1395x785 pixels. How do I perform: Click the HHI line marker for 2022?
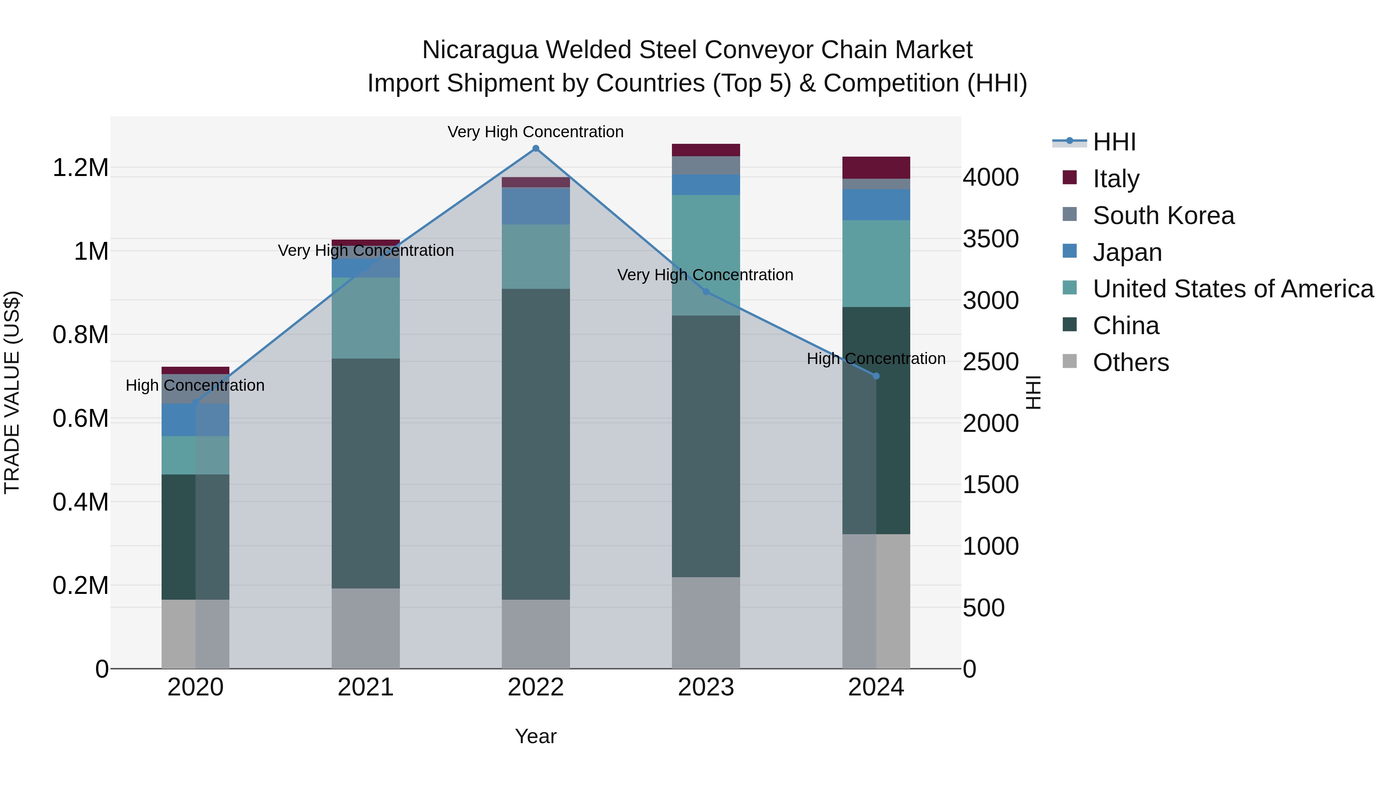click(536, 148)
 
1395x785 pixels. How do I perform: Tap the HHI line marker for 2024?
click(876, 376)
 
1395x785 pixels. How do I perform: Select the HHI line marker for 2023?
click(706, 292)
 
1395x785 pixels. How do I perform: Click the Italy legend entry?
click(1116, 178)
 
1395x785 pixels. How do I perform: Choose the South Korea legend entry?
click(1163, 215)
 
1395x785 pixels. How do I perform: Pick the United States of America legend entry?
click(1233, 289)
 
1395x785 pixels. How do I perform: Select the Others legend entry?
click(1130, 362)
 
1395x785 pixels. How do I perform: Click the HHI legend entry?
click(1114, 142)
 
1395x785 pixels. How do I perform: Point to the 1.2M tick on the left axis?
click(80, 168)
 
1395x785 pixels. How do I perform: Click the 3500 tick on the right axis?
click(990, 239)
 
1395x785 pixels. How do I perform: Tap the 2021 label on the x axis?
click(365, 687)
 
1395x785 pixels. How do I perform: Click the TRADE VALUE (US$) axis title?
click(12, 392)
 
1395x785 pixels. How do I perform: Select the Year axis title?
click(536, 736)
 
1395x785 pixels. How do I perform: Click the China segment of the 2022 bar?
click(536, 444)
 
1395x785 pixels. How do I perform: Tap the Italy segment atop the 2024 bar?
click(876, 167)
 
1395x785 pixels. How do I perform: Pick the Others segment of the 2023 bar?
click(706, 623)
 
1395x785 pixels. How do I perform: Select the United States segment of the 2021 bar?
click(365, 318)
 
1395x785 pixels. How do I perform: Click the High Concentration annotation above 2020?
click(195, 385)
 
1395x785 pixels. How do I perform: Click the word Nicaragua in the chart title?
click(479, 50)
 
